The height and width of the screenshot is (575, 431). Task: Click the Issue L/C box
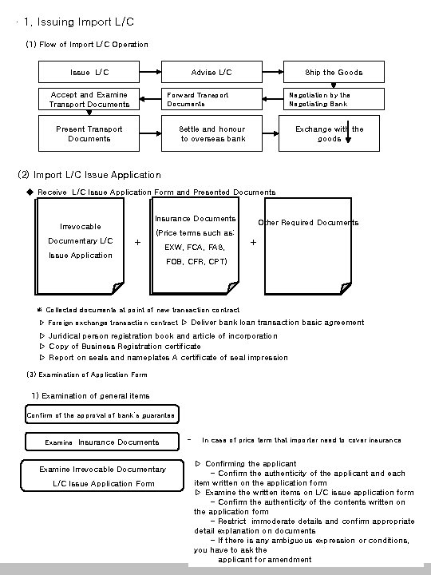coord(89,72)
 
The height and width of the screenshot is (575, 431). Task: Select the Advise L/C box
coord(212,72)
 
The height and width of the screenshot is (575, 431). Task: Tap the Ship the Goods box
coord(334,72)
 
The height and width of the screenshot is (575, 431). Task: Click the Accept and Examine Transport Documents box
coord(89,99)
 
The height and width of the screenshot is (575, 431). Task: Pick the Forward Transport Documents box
coord(212,99)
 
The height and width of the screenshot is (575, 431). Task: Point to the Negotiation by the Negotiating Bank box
coord(334,99)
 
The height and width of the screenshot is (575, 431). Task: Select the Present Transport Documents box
coord(89,133)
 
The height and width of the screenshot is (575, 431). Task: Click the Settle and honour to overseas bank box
coord(212,133)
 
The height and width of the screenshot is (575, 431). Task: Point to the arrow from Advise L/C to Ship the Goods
coord(272,72)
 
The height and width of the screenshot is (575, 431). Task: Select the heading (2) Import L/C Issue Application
coord(89,174)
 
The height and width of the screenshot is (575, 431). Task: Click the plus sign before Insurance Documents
coord(138,242)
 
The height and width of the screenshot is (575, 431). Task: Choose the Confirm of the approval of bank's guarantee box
coord(101,415)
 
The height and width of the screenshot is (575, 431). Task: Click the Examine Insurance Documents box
coord(101,442)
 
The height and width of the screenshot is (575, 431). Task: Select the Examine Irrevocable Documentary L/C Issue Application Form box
coord(101,476)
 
